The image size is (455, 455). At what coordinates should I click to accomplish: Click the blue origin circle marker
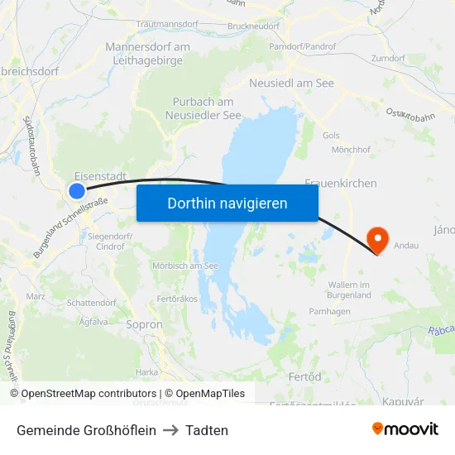pyautogui.click(x=77, y=191)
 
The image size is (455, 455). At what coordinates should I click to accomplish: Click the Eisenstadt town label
pyautogui.click(x=100, y=176)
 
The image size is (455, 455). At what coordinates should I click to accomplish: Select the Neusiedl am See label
pyautogui.click(x=291, y=84)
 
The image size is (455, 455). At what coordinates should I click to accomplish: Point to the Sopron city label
pyautogui.click(x=144, y=325)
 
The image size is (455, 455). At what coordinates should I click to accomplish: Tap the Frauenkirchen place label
pyautogui.click(x=341, y=183)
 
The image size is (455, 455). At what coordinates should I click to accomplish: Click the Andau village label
pyautogui.click(x=406, y=246)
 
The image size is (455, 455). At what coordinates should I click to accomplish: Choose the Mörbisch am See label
pyautogui.click(x=184, y=266)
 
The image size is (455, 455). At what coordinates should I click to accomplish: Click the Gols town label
pyautogui.click(x=331, y=135)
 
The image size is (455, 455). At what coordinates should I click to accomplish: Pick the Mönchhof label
pyautogui.click(x=350, y=149)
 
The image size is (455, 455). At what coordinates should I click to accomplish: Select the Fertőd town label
pyautogui.click(x=304, y=376)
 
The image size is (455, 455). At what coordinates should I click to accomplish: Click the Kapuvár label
pyautogui.click(x=404, y=401)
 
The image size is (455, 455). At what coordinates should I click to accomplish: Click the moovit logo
pyautogui.click(x=405, y=429)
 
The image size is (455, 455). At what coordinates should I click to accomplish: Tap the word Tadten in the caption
pyautogui.click(x=207, y=430)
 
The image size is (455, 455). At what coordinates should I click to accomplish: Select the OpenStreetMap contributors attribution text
pyautogui.click(x=89, y=394)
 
